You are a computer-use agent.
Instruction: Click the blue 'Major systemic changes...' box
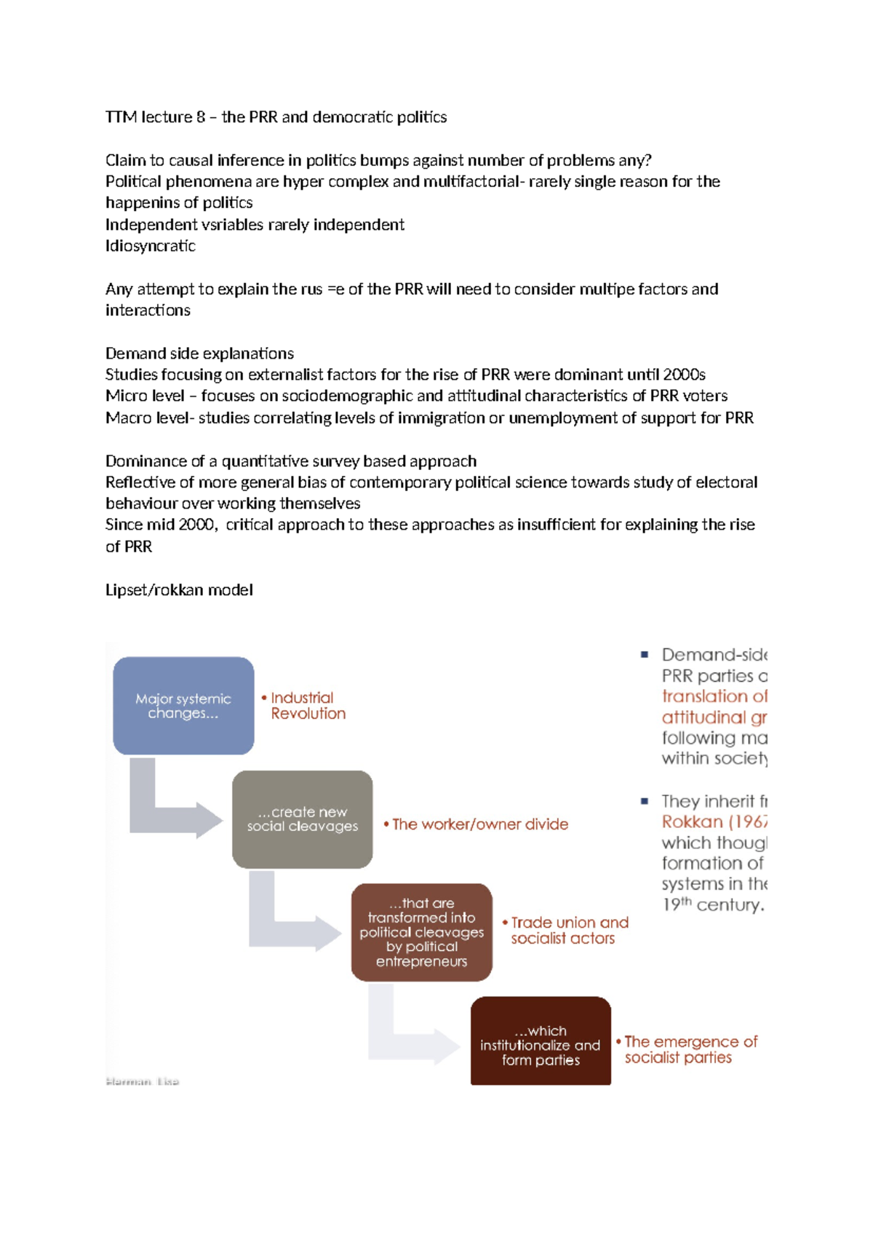click(183, 706)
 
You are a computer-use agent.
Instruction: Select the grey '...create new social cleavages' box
click(302, 819)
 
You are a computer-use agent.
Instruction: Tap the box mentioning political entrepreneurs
click(421, 932)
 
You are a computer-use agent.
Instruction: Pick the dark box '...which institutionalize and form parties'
click(541, 1042)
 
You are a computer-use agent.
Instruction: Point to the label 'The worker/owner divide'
click(479, 824)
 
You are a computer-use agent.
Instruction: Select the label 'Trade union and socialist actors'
click(568, 931)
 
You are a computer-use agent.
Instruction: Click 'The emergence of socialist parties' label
click(690, 1050)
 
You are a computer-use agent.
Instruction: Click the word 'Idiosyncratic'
click(151, 246)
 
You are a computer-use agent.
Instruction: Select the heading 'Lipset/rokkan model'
click(179, 590)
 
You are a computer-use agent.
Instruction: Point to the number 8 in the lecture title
click(201, 117)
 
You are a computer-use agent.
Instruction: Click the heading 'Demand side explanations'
click(199, 354)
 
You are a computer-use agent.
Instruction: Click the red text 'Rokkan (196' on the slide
click(714, 822)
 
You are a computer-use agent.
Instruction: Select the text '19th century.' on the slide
click(712, 905)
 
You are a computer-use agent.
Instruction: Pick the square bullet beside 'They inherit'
click(645, 801)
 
